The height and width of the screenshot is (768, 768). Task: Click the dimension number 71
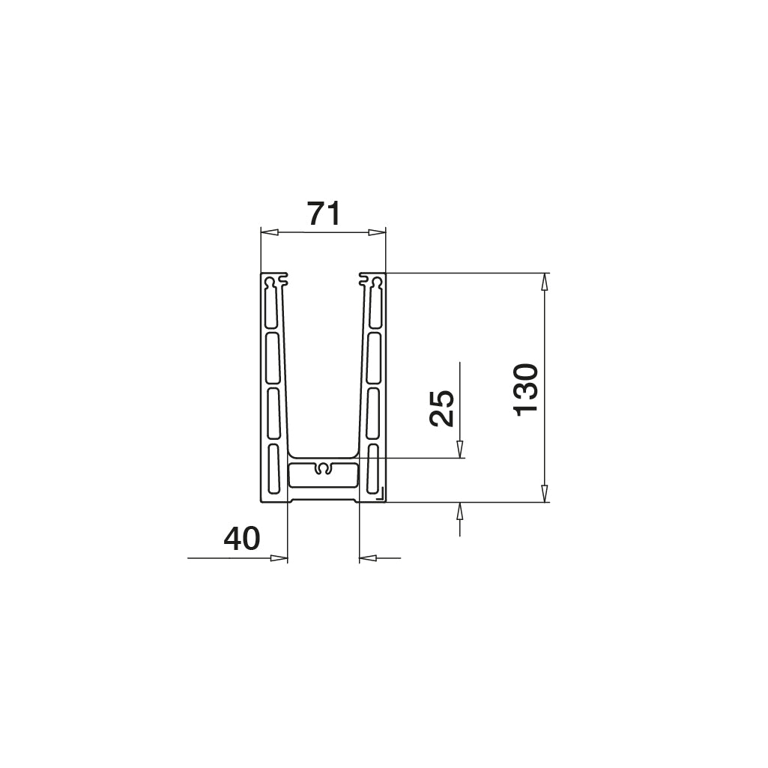324,214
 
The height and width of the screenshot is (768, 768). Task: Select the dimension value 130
527,388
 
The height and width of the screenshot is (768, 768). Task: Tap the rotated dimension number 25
442,408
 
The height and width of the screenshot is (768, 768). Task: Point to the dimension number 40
242,539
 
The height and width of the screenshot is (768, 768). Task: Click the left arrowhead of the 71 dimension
269,233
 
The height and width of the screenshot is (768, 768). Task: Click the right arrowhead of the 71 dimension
376,233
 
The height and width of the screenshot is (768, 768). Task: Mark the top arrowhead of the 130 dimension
545,282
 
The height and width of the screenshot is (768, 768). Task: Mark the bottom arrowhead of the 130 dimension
545,493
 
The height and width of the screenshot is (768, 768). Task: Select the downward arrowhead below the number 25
460,449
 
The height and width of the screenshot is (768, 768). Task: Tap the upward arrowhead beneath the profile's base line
460,511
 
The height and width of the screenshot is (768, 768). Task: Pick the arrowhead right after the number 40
279,558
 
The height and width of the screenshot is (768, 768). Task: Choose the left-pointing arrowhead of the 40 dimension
369,558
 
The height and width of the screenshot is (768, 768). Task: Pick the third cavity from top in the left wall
273,413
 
